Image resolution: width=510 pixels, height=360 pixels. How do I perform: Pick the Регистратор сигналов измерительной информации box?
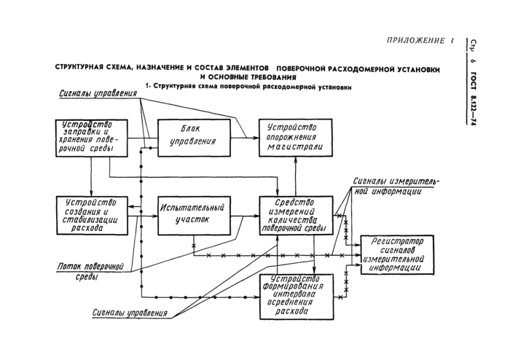point(398,254)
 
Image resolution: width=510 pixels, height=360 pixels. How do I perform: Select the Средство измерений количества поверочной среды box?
point(295,216)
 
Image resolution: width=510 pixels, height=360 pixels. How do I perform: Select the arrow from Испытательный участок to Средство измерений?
point(245,215)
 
